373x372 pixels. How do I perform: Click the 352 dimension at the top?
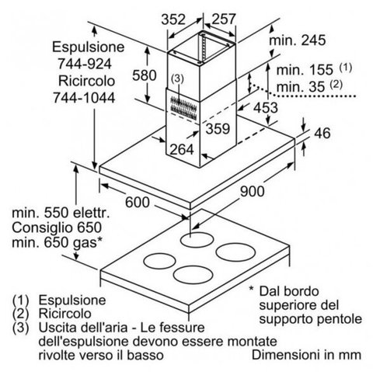(x=173, y=19)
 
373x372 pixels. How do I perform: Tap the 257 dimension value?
(x=224, y=19)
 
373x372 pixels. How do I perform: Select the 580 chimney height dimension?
(x=145, y=75)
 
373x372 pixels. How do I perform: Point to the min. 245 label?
(x=298, y=40)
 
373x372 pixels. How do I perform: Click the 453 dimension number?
(x=266, y=108)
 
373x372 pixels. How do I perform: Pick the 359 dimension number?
(x=218, y=129)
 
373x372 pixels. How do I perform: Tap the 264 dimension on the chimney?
(x=182, y=149)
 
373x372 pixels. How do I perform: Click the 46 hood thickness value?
(x=322, y=134)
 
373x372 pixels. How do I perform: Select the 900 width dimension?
(x=252, y=191)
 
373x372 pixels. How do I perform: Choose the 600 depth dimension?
(x=138, y=202)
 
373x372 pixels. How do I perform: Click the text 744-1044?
(x=84, y=98)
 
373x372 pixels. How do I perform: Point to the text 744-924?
(x=85, y=64)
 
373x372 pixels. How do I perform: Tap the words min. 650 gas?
(x=58, y=243)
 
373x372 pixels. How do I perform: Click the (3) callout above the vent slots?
(x=177, y=78)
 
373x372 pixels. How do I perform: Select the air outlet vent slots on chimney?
(x=183, y=108)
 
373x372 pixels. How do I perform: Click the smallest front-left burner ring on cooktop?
(x=159, y=261)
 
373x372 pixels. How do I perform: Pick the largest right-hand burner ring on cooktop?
(x=235, y=252)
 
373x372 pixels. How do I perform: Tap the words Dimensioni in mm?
(x=306, y=355)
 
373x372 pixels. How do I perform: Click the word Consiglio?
(x=38, y=228)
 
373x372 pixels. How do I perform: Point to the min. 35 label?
(x=301, y=86)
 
